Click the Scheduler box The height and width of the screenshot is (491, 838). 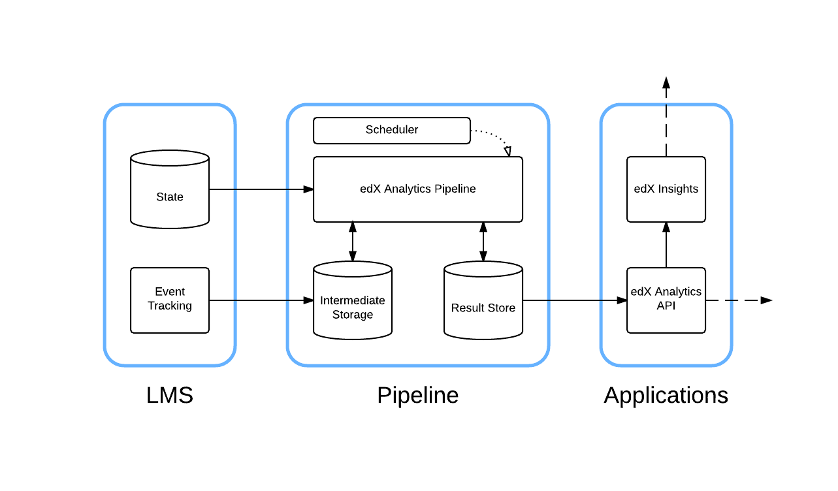(392, 130)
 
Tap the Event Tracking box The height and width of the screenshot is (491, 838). (170, 300)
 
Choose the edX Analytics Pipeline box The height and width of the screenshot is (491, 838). (418, 189)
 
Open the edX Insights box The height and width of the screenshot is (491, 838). (666, 189)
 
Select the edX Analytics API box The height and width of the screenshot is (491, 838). (666, 300)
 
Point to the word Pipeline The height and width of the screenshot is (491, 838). (455, 189)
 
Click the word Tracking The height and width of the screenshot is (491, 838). (170, 306)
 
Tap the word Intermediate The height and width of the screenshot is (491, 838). (353, 300)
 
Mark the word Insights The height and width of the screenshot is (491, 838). (679, 189)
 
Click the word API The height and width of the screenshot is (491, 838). (666, 306)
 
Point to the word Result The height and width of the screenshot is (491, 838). (466, 308)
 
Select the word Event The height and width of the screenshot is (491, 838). (170, 291)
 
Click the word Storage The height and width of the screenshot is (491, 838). (353, 315)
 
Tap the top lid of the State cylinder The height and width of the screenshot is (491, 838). (170, 159)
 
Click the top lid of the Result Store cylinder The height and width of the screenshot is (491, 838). (483, 269)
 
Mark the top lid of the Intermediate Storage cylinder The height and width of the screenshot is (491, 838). (353, 269)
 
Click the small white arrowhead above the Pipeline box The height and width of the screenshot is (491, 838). (508, 151)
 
